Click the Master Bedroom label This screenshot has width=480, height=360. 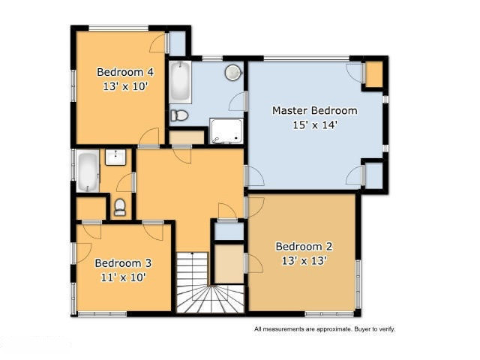(315, 110)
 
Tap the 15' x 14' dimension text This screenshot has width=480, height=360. (315, 125)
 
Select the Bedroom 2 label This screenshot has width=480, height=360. (304, 247)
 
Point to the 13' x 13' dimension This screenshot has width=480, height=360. (304, 261)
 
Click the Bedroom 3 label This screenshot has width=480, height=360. (123, 263)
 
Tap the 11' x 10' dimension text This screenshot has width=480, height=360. (123, 277)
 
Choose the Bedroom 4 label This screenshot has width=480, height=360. (125, 72)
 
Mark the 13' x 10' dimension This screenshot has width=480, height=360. (125, 87)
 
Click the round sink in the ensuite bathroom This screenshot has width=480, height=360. (233, 73)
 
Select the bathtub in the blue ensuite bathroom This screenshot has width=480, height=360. (181, 82)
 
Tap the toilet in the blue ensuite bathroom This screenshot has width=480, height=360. (179, 115)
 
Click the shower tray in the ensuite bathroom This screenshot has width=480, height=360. (226, 131)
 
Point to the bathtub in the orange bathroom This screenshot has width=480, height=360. (88, 171)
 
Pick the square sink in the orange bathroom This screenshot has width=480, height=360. (115, 157)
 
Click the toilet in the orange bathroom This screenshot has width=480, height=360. (120, 207)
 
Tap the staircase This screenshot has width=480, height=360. (210, 283)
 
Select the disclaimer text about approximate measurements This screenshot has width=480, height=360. (325, 329)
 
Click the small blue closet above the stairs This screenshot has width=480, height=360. (229, 232)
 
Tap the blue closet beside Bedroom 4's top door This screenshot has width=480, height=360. (178, 43)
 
